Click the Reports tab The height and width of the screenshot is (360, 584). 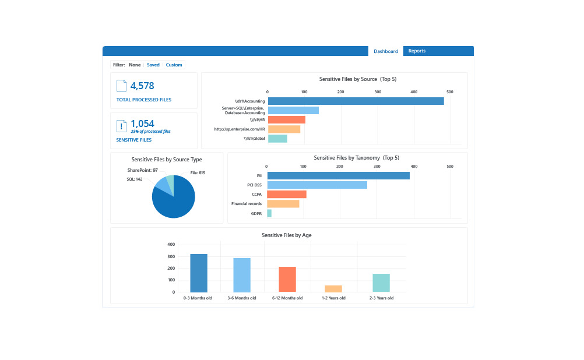pos(417,51)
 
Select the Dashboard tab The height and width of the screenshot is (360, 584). pos(386,51)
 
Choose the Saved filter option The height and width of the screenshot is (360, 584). pos(153,65)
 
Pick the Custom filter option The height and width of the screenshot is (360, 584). pos(174,65)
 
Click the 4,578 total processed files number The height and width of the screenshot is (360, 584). pos(142,86)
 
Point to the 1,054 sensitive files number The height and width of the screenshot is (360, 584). pos(142,123)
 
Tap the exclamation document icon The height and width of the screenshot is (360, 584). pos(122,126)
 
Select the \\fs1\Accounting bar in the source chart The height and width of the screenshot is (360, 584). pos(356,101)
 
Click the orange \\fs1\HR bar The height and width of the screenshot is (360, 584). pos(286,119)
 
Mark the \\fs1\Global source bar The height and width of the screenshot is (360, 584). pos(277,139)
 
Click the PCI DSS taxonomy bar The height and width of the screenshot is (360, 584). pos(317,185)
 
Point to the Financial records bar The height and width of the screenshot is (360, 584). pos(283,204)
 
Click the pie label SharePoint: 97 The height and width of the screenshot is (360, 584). pos(143,170)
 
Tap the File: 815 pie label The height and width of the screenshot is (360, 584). pos(198,173)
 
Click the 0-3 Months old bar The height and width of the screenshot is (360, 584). pos(199,273)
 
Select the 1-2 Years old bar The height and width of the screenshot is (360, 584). pos(333,289)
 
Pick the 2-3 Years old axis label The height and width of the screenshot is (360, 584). pos(381,298)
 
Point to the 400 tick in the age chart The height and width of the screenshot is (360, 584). pos(171,245)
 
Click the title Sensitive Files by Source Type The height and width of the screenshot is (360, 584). pos(167,159)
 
